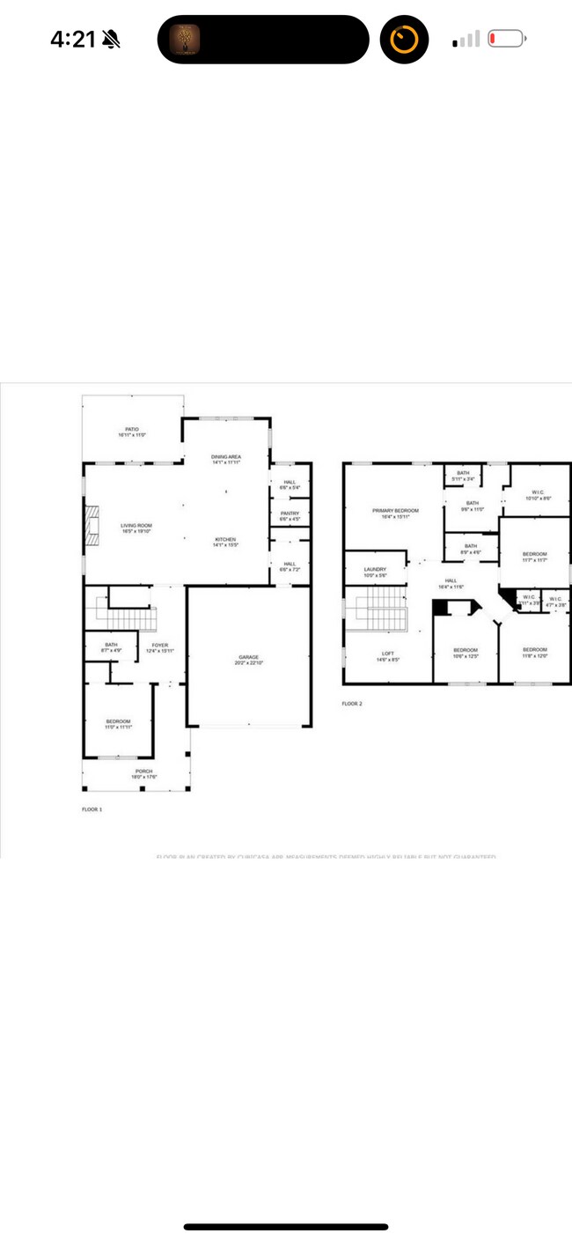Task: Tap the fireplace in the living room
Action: pyautogui.click(x=90, y=527)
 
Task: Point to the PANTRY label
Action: pyautogui.click(x=290, y=516)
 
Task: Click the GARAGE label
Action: pyautogui.click(x=247, y=660)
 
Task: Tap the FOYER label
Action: pyautogui.click(x=159, y=647)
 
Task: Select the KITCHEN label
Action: pyautogui.click(x=225, y=542)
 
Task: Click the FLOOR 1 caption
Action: pyautogui.click(x=92, y=809)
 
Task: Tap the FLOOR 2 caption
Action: pyautogui.click(x=352, y=704)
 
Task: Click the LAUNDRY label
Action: pyautogui.click(x=375, y=572)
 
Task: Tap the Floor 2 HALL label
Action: pyautogui.click(x=451, y=583)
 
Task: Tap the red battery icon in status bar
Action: pyautogui.click(x=506, y=39)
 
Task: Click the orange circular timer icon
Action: pyautogui.click(x=404, y=40)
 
